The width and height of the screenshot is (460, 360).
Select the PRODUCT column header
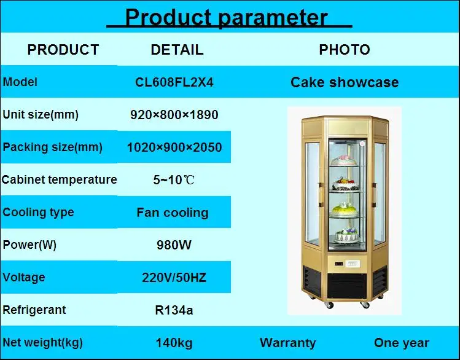(x=63, y=50)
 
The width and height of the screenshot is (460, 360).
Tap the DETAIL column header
(x=177, y=50)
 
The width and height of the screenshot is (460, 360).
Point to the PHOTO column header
(x=344, y=50)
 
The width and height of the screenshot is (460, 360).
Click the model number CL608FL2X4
(x=174, y=82)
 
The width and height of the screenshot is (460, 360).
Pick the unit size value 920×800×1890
(x=174, y=115)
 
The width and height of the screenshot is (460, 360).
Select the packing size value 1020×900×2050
(x=174, y=147)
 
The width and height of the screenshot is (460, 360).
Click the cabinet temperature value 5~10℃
(x=174, y=181)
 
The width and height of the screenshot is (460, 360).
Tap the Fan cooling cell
(x=173, y=213)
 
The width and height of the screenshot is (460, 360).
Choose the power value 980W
(x=174, y=245)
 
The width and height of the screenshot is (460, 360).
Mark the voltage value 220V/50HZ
(x=174, y=278)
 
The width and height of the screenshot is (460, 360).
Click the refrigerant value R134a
(x=174, y=310)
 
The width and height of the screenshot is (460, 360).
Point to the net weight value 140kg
(x=174, y=343)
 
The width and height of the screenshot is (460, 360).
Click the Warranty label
(x=287, y=343)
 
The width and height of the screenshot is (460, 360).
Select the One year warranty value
(x=402, y=343)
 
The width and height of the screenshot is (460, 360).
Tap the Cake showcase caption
(x=345, y=82)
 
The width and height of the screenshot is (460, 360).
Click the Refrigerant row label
(x=34, y=310)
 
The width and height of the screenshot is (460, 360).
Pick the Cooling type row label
(x=38, y=213)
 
